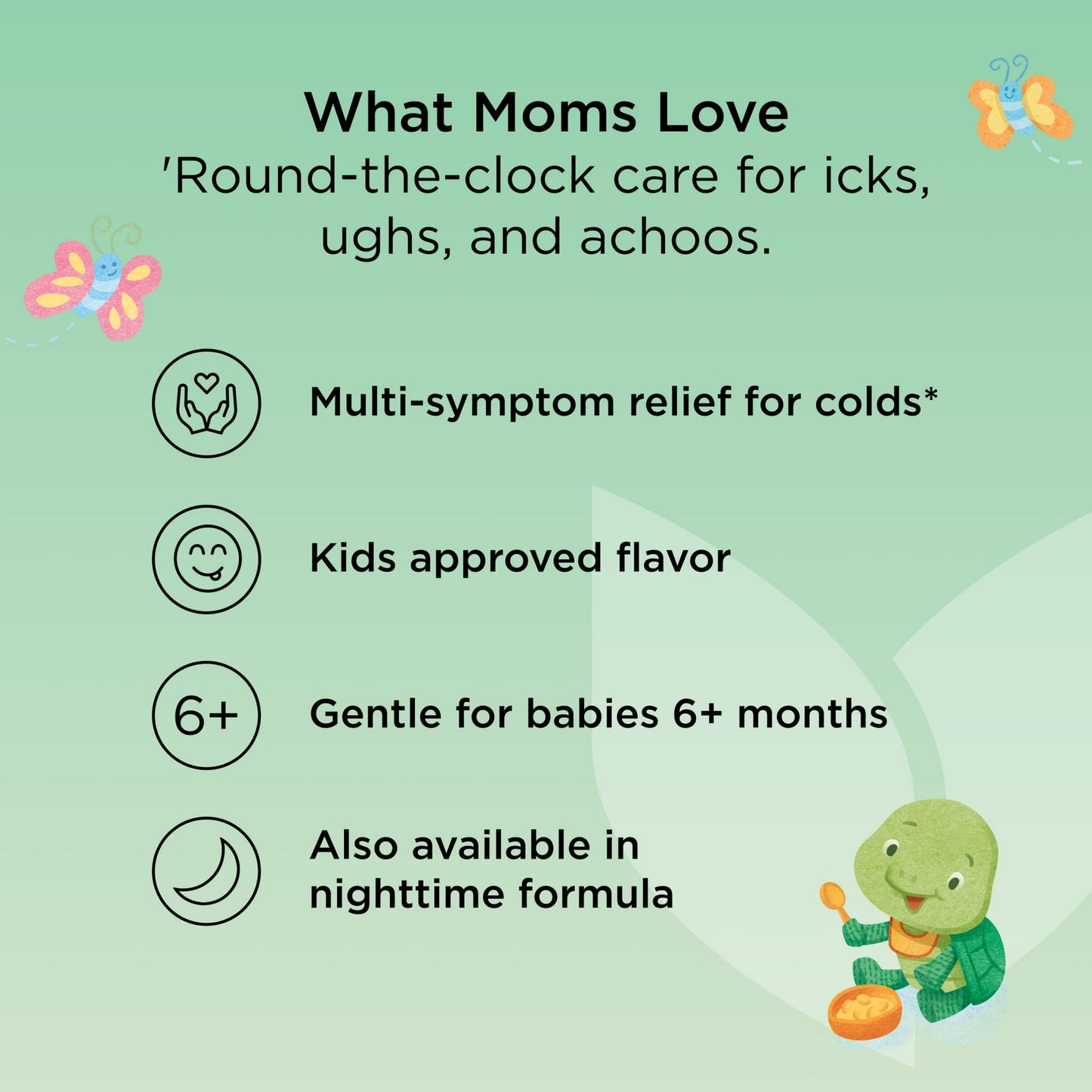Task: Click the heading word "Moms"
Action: [x=555, y=113]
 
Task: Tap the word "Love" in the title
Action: [x=722, y=113]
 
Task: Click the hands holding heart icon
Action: [x=206, y=404]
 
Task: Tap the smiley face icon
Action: [x=206, y=559]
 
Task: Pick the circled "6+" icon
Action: [x=206, y=715]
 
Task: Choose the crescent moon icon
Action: [x=206, y=871]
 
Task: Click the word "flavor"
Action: [x=673, y=558]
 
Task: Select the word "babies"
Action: [x=592, y=714]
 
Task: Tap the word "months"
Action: [x=812, y=714]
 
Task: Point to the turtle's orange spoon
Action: [x=835, y=899]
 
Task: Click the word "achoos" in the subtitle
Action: [x=675, y=237]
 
